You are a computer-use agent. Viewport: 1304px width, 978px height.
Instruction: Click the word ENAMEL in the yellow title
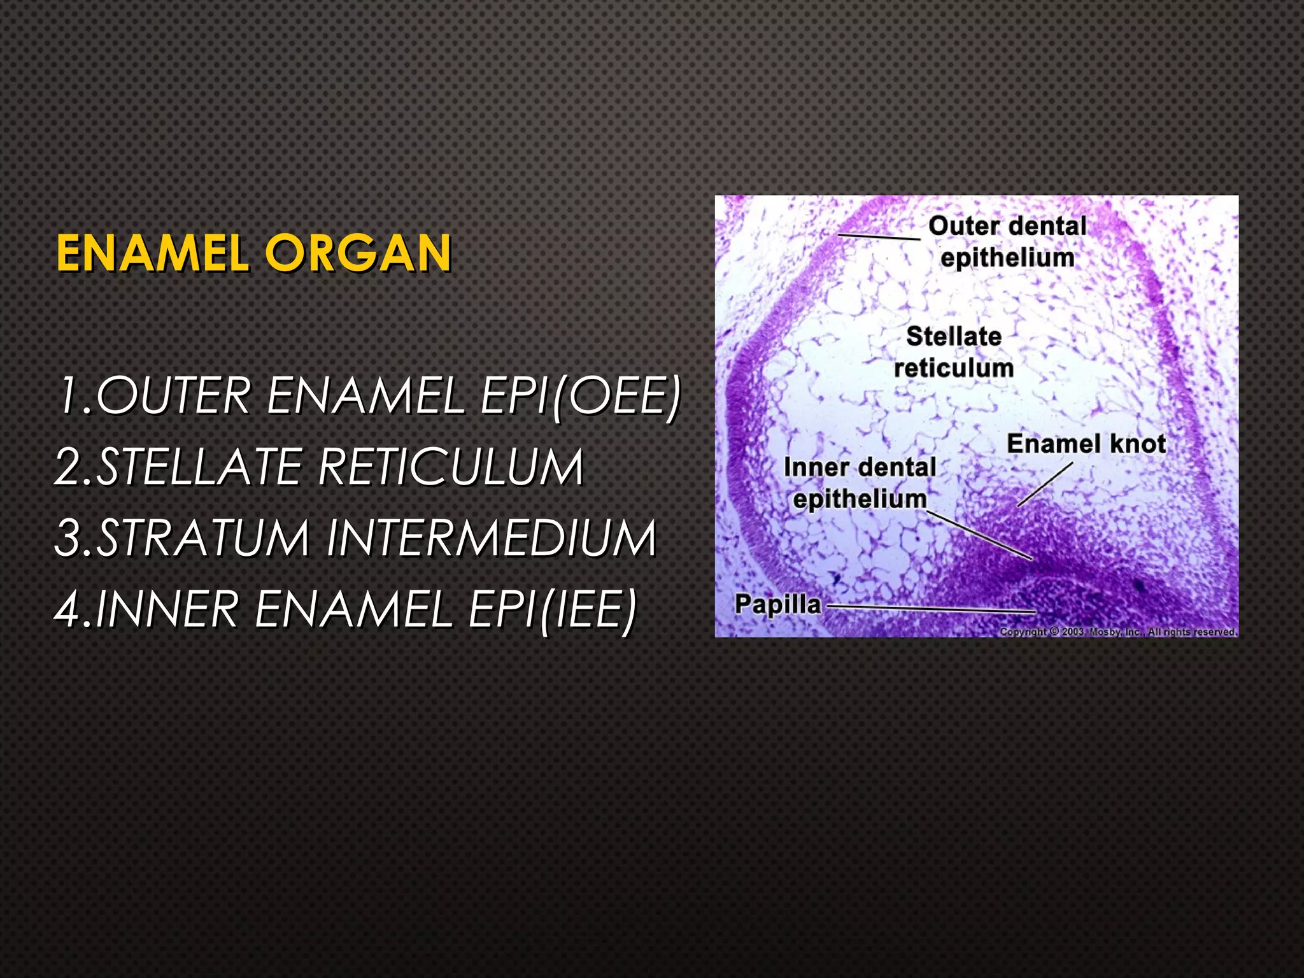pos(152,253)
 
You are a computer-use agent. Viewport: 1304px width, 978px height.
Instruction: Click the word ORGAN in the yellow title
pos(358,253)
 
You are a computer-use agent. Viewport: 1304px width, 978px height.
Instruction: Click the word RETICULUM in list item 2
pos(450,467)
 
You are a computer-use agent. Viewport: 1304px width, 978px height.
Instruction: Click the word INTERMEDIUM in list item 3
pos(491,539)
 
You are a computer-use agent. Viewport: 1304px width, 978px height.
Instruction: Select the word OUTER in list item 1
pos(173,396)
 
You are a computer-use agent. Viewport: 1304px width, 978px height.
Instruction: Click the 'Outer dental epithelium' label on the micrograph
pos(1007,242)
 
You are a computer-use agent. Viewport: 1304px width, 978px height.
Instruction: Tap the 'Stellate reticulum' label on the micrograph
pos(954,352)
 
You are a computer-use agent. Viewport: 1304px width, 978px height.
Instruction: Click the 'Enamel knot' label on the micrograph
pos(1086,444)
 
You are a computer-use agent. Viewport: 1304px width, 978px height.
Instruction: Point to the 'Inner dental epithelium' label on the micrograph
pos(860,483)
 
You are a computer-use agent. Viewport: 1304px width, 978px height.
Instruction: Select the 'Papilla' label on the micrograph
pos(777,604)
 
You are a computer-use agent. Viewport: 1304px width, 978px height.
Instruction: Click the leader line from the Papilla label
pos(930,609)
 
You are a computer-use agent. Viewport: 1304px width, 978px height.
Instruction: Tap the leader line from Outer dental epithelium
pos(879,237)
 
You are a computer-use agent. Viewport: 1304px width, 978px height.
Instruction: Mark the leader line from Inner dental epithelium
pos(981,535)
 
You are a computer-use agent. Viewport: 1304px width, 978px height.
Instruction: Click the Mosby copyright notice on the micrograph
pos(1117,632)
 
